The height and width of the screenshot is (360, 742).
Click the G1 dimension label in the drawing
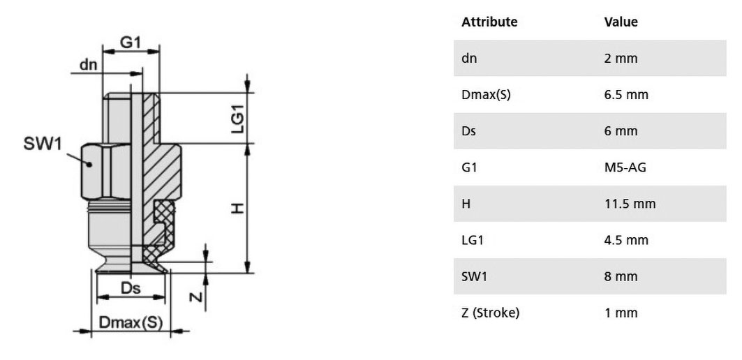[x=130, y=43]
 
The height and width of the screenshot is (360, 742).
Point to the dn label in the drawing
[x=88, y=64]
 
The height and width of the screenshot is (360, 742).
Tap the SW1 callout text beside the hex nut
[x=43, y=144]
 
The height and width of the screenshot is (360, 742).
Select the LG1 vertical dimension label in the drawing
[x=237, y=119]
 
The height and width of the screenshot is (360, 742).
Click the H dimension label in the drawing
[x=237, y=208]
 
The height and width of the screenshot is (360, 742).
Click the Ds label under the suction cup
[x=131, y=289]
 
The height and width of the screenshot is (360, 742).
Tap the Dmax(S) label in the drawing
[x=131, y=322]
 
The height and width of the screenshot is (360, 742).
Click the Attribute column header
[x=489, y=22]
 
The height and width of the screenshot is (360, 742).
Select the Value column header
[x=621, y=22]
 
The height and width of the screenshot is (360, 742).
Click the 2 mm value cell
[x=621, y=58]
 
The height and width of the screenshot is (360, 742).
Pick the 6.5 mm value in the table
[x=626, y=95]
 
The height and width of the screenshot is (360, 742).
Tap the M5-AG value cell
[x=625, y=167]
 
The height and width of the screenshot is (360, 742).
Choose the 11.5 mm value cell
[x=630, y=204]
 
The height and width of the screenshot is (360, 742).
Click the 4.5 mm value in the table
[x=626, y=240]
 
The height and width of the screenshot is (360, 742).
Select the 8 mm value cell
[x=621, y=276]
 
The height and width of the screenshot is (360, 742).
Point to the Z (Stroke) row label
[x=490, y=313]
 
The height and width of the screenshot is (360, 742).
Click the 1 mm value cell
[x=621, y=313]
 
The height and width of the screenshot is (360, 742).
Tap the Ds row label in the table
[x=468, y=131]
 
